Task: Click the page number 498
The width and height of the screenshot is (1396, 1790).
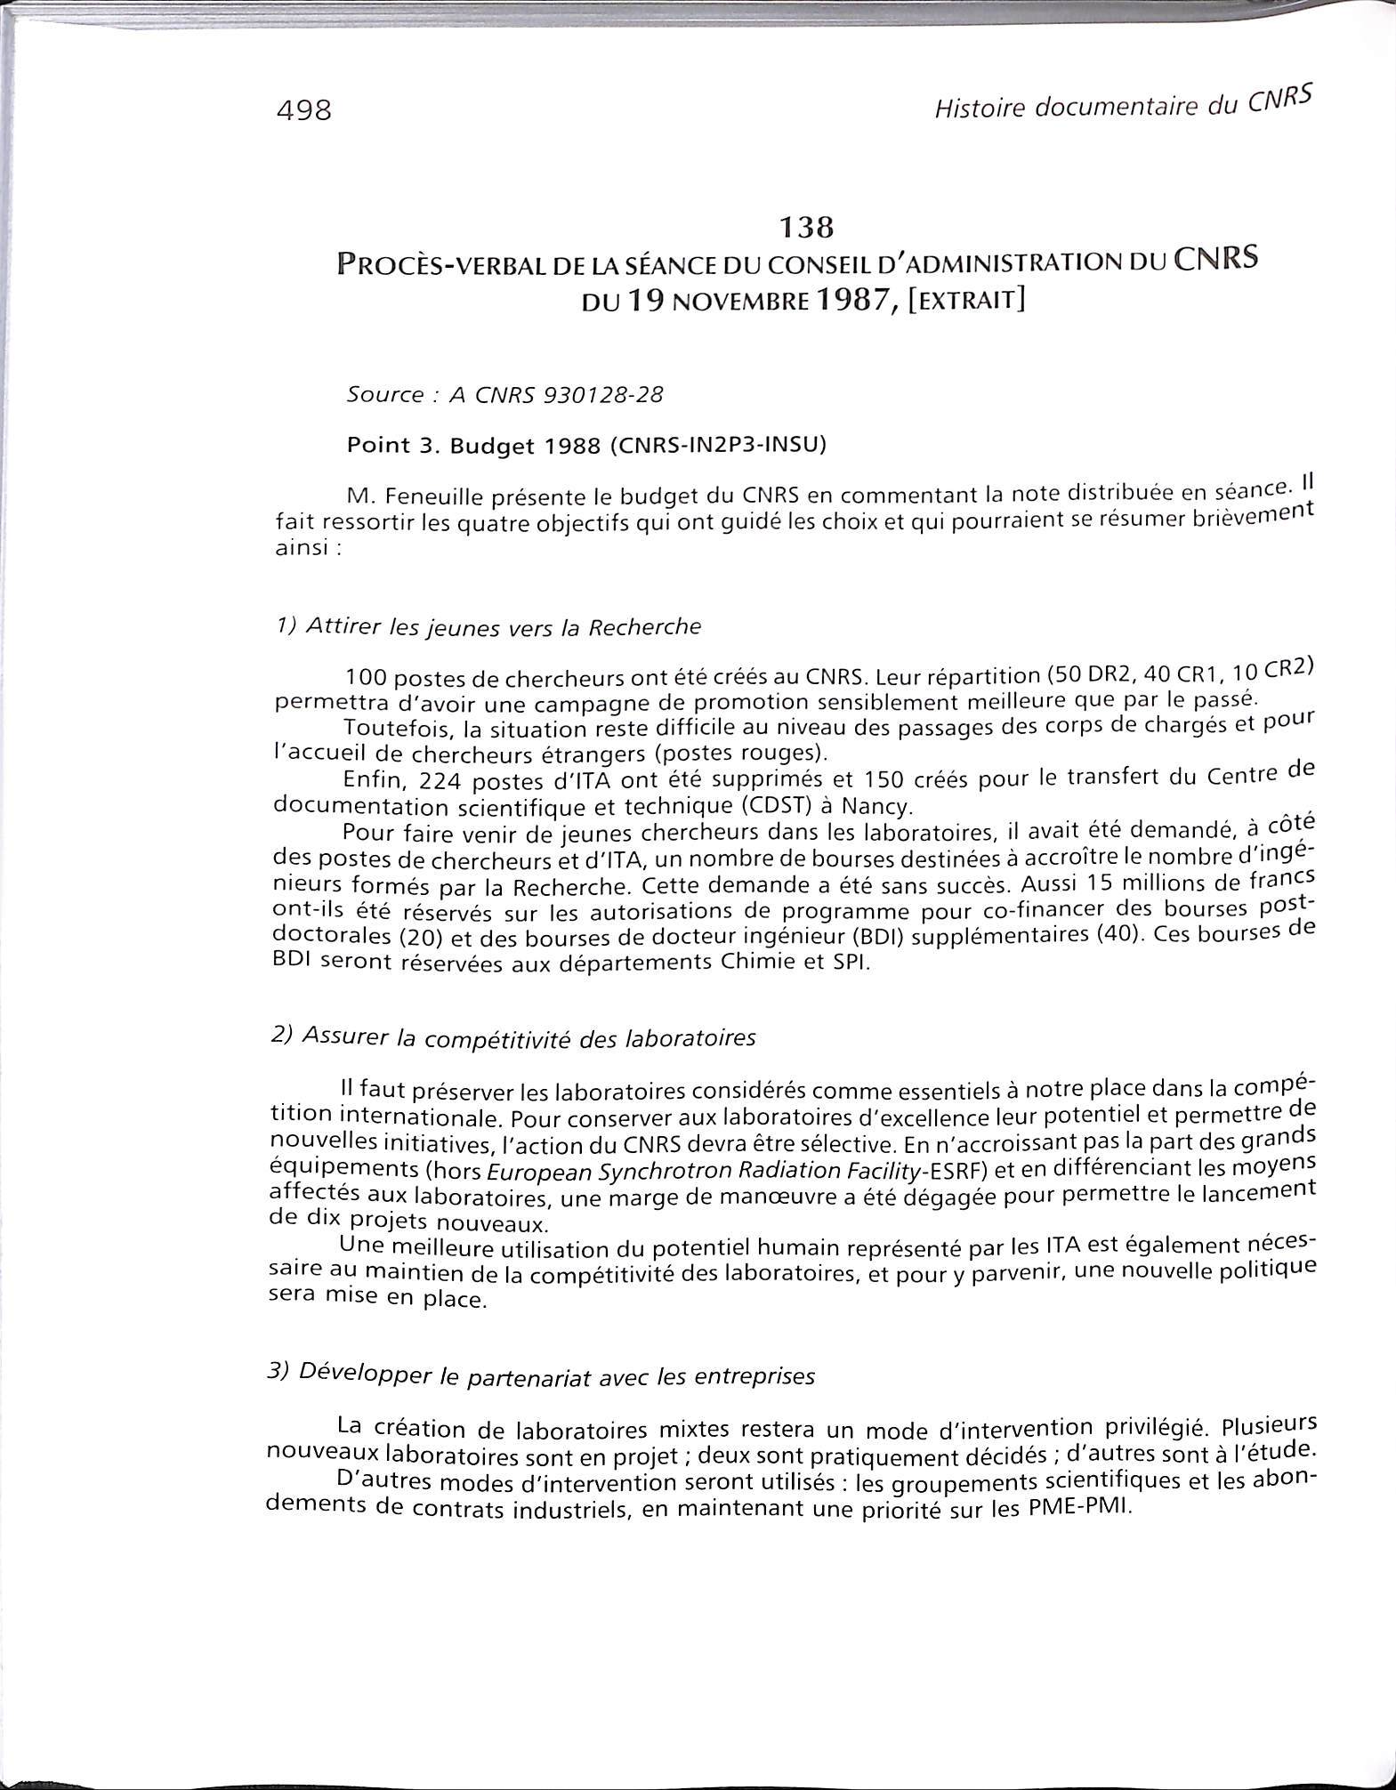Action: coord(304,111)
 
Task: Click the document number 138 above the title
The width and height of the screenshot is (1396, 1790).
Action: coord(805,229)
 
